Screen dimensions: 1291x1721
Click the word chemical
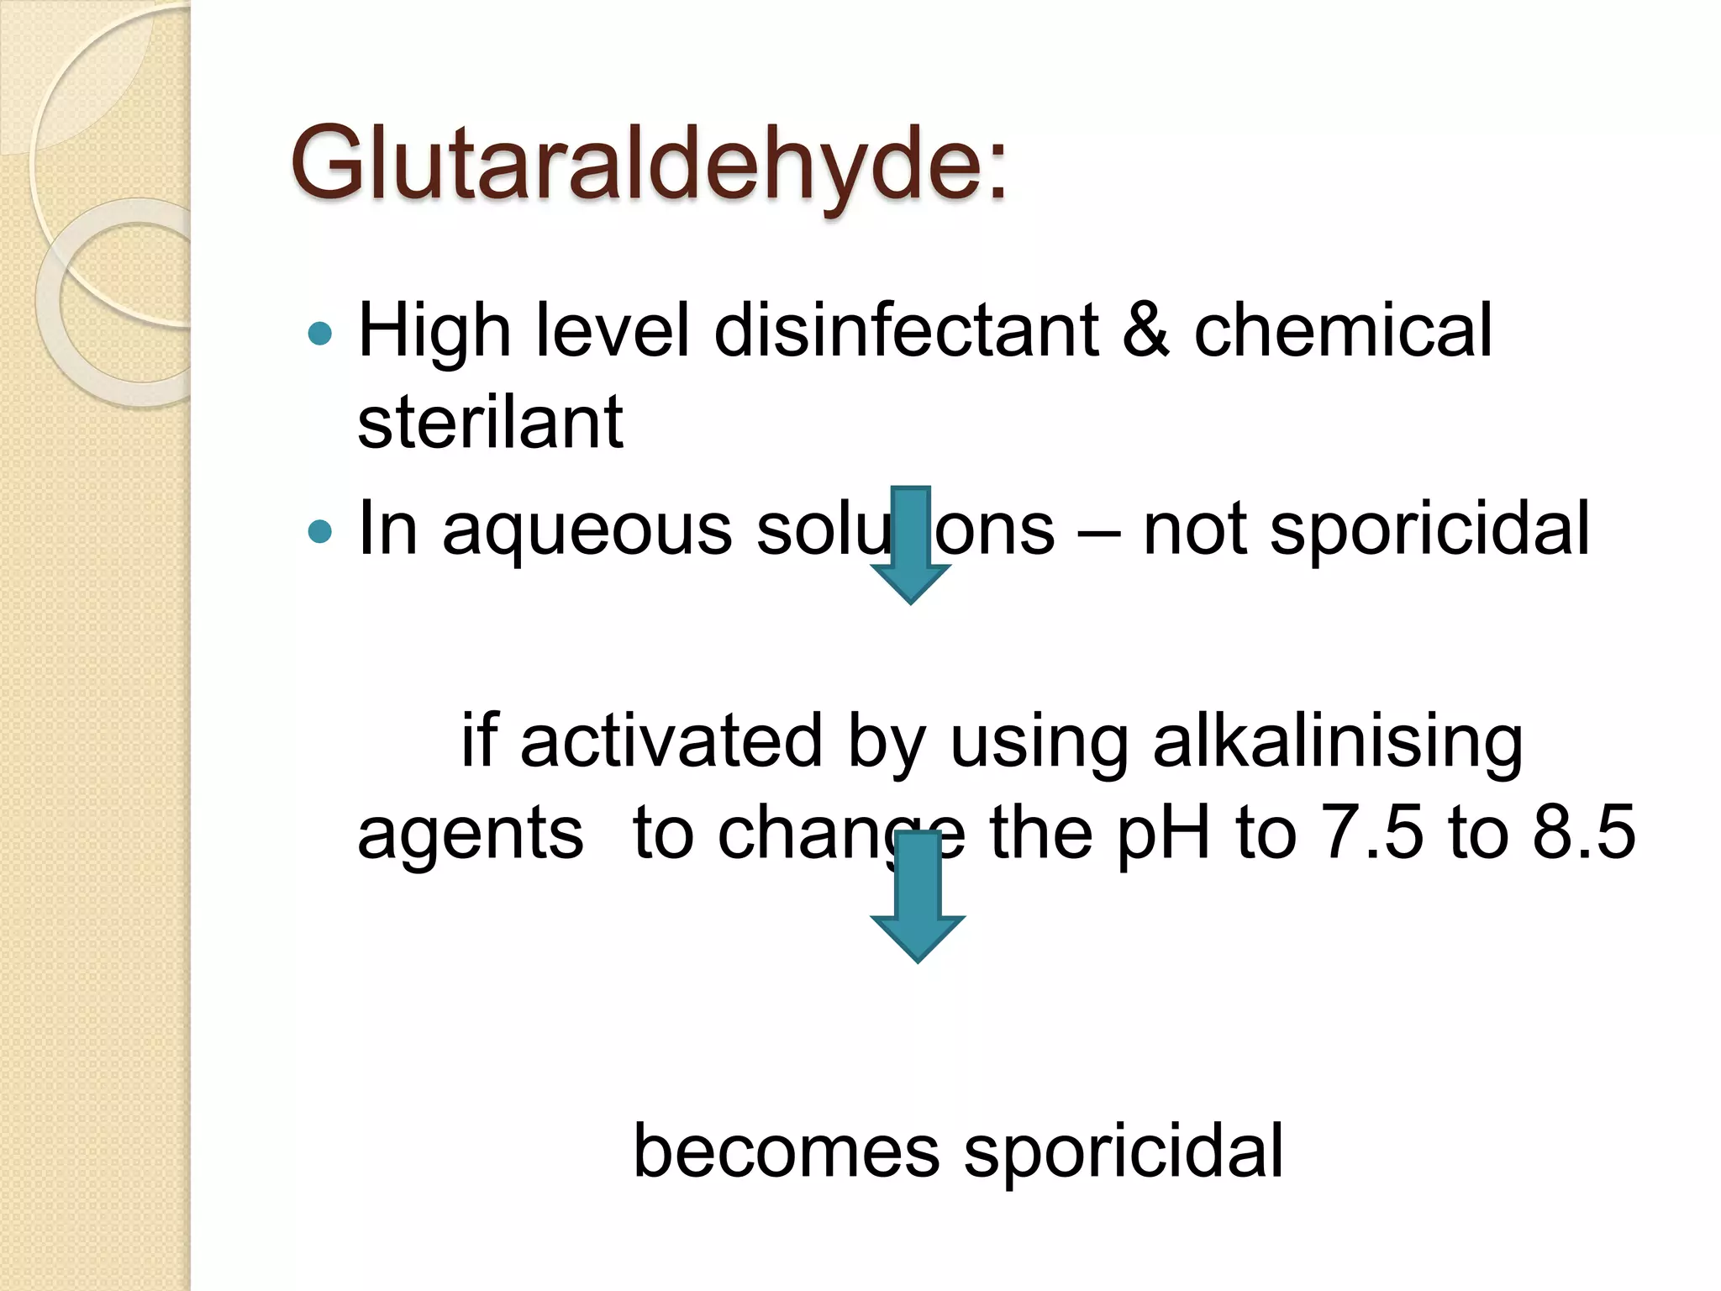[x=1342, y=330]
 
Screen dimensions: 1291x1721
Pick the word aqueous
[x=587, y=530]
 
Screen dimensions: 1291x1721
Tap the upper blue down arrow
[x=910, y=544]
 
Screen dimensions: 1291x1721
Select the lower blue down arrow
[x=917, y=896]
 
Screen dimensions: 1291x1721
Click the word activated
[x=671, y=741]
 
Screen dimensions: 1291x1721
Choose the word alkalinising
[x=1338, y=741]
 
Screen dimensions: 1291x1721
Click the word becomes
[x=786, y=1151]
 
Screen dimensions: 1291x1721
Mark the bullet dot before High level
[x=320, y=334]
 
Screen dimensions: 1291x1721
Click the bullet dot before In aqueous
[x=320, y=531]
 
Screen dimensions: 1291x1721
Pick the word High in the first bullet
[x=434, y=330]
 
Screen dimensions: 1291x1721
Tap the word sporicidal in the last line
[x=1124, y=1151]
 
